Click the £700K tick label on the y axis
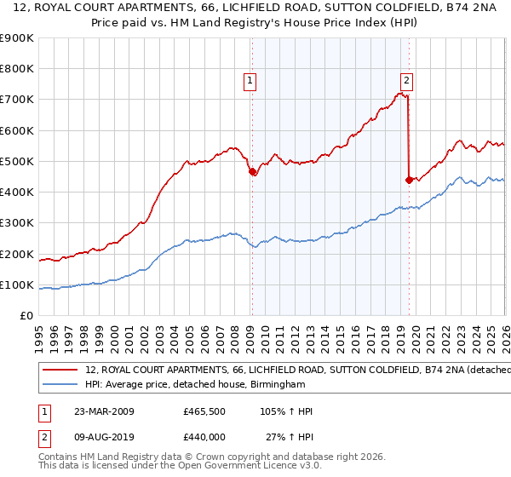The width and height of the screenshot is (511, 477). tap(17, 100)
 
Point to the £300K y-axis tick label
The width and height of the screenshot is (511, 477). tap(17, 223)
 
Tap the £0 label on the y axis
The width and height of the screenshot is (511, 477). tap(26, 316)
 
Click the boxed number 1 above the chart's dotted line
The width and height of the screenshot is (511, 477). tap(250, 82)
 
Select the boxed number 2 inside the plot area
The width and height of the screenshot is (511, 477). tap(407, 82)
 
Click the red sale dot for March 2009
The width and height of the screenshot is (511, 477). tap(251, 172)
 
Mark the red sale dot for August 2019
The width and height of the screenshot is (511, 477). tap(409, 180)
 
